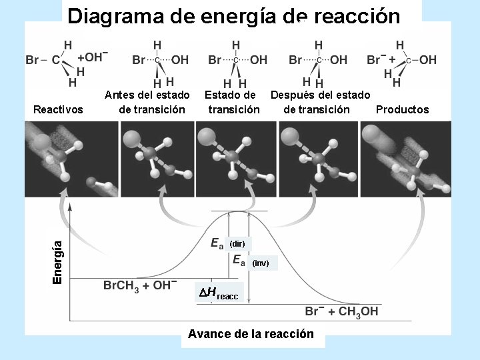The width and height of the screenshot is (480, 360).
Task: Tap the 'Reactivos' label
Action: coord(58,109)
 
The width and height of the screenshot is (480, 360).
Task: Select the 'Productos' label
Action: coord(402,109)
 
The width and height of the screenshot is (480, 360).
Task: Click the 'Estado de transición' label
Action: coord(233,102)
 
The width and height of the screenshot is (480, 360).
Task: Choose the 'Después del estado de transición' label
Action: coord(319,102)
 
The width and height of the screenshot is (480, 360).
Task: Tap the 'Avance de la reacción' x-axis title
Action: coord(251,333)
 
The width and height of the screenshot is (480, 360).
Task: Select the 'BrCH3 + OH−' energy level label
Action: coord(140,285)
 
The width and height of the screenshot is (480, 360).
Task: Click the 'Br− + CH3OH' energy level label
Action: coord(341,311)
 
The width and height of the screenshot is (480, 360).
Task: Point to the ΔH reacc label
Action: coord(219,292)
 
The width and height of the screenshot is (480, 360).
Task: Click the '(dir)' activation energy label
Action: coord(238,244)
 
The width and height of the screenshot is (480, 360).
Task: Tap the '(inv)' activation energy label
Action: coord(260,263)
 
